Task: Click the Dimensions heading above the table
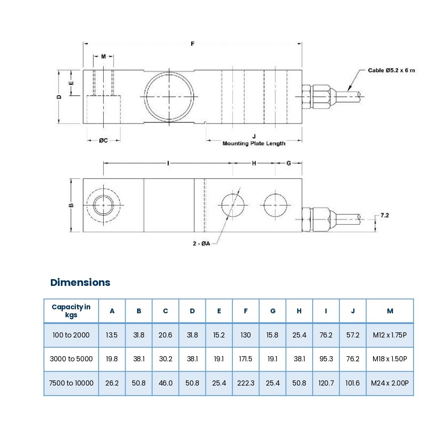(x=80, y=282)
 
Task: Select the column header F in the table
(x=246, y=311)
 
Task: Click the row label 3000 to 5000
(x=71, y=359)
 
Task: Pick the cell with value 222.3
(x=246, y=383)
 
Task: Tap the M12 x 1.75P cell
(x=389, y=335)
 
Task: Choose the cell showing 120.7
(x=326, y=383)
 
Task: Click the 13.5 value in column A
(x=112, y=335)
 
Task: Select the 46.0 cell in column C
(x=165, y=383)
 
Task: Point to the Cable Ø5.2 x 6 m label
(x=391, y=70)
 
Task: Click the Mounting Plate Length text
(x=253, y=143)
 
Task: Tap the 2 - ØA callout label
(x=201, y=243)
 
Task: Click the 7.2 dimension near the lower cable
(x=385, y=215)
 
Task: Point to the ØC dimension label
(x=103, y=140)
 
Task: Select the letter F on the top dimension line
(x=193, y=44)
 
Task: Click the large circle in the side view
(x=170, y=96)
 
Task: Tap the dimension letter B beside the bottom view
(x=71, y=205)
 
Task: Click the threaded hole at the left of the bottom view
(x=103, y=205)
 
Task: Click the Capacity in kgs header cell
(x=71, y=311)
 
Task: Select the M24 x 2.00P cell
(x=389, y=383)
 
